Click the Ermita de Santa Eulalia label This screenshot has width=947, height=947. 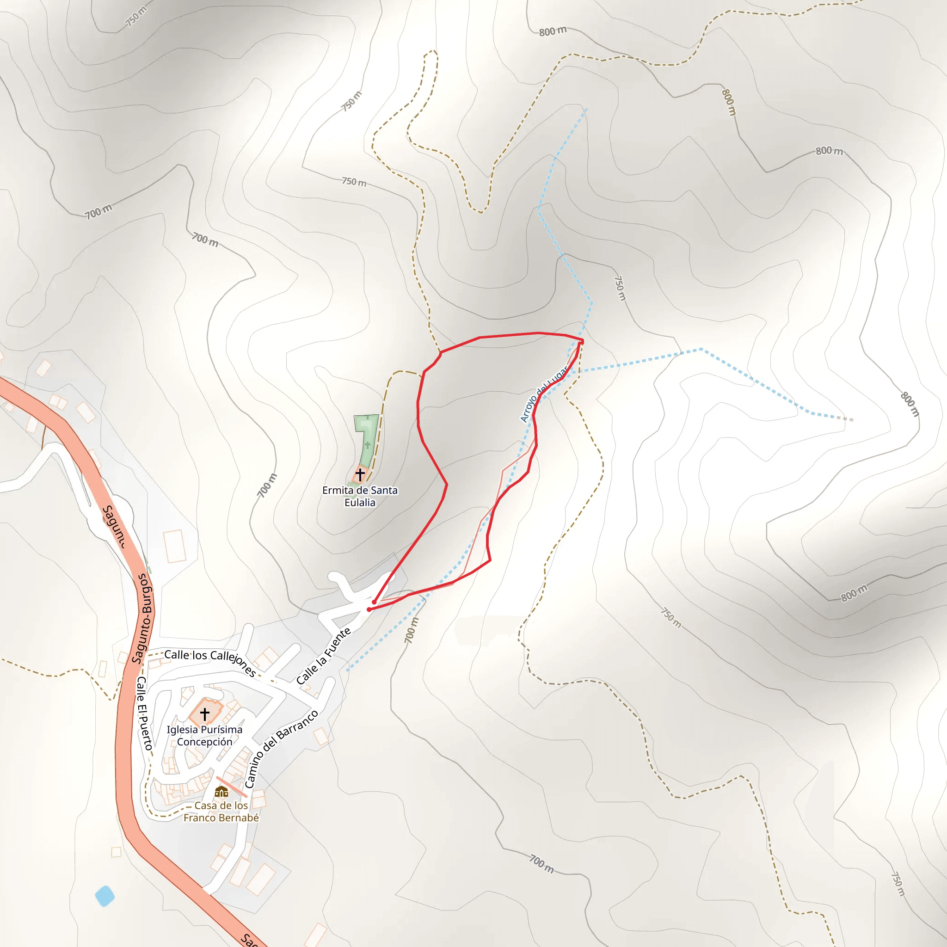click(x=360, y=496)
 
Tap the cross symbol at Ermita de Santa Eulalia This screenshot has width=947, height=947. click(x=360, y=474)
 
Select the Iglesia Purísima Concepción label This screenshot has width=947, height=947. click(x=204, y=735)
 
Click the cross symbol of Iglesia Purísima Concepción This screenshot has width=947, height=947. click(x=205, y=713)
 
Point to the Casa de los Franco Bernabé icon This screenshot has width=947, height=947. click(x=221, y=791)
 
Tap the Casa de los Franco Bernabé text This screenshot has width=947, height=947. click(x=221, y=811)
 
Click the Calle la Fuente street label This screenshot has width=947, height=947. click(x=324, y=656)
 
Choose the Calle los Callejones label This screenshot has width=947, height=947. click(x=210, y=661)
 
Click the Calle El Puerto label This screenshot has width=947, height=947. click(x=144, y=713)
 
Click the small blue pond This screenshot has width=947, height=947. click(x=105, y=896)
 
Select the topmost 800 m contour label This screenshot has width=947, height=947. click(x=553, y=31)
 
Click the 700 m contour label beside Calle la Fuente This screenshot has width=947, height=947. click(x=412, y=630)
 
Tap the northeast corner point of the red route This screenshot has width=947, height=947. click(x=581, y=341)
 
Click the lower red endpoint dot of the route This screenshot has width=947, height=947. click(x=369, y=609)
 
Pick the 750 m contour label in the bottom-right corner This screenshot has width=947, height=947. click(x=898, y=883)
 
